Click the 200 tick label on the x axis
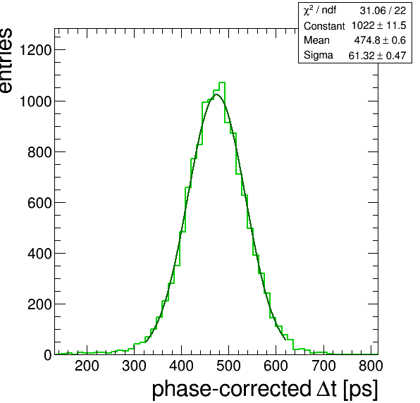(x=87, y=366)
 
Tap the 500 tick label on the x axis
(x=228, y=366)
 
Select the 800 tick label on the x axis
(x=371, y=366)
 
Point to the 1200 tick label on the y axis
(x=36, y=50)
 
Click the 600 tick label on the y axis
(x=39, y=203)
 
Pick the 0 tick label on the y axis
(x=48, y=355)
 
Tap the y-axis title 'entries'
(x=6, y=61)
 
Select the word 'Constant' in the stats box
(x=324, y=26)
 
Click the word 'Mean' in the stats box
(x=316, y=40)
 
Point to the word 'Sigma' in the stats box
(x=319, y=56)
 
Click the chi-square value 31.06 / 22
(x=383, y=11)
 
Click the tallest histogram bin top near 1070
(x=222, y=82)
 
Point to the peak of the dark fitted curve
(x=216, y=94)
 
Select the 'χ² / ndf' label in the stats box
(x=320, y=11)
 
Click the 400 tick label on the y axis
(x=39, y=254)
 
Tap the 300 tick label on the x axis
(x=134, y=366)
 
